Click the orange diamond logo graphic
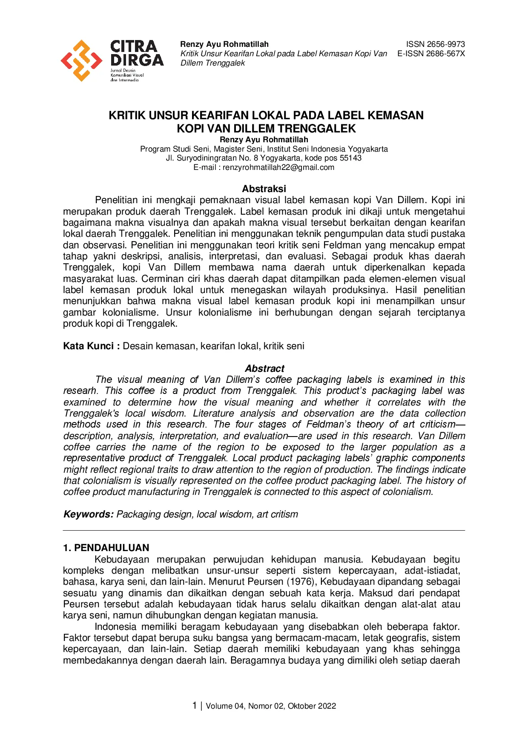tap(81, 60)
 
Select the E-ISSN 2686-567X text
tap(431, 54)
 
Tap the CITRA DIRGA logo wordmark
tap(136, 53)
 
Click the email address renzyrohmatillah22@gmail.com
tap(278, 167)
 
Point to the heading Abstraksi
tap(264, 189)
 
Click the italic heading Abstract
tap(264, 368)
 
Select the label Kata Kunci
tap(88, 346)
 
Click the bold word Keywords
tap(88, 514)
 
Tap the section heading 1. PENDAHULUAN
tap(106, 548)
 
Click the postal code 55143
tap(350, 158)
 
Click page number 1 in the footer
tap(195, 705)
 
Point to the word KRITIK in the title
tap(127, 115)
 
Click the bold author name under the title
tap(264, 140)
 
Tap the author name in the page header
tap(224, 44)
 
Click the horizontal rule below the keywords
tap(264, 530)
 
